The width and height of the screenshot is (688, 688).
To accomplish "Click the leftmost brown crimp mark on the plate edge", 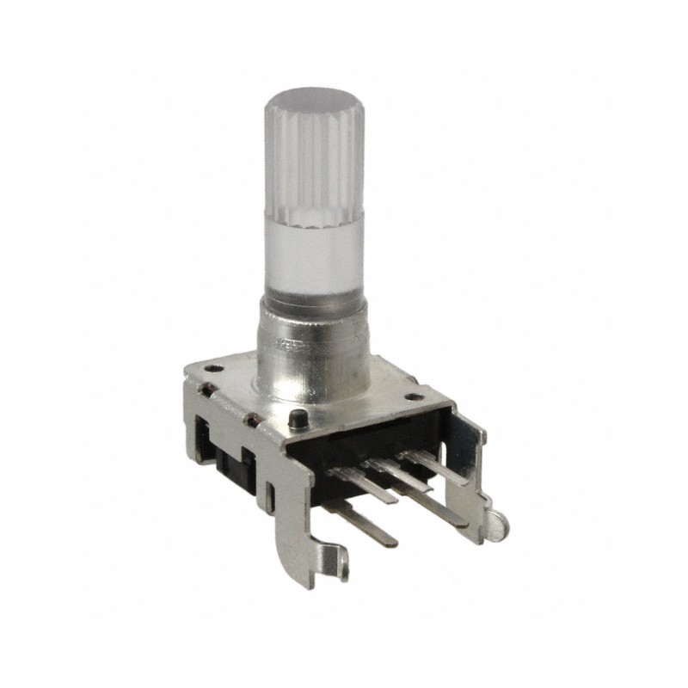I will (205, 392).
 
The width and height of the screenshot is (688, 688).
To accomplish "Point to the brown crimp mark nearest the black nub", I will (255, 420).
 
